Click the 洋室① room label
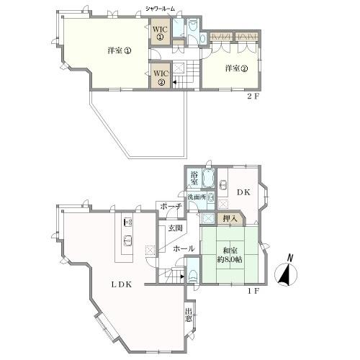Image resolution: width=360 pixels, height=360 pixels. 120,51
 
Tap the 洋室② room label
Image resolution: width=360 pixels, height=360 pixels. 236,68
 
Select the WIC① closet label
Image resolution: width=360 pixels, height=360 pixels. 160,33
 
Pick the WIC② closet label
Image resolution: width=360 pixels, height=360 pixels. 160,76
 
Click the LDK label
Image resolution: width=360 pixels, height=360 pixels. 120,284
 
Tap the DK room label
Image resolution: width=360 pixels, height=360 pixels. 243,193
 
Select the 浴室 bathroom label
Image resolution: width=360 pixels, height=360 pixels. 194,178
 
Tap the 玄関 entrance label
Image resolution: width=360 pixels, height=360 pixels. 175,228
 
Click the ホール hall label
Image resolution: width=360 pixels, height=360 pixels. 182,247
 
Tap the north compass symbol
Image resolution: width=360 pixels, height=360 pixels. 288,272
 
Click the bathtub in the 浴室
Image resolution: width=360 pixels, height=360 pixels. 209,178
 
